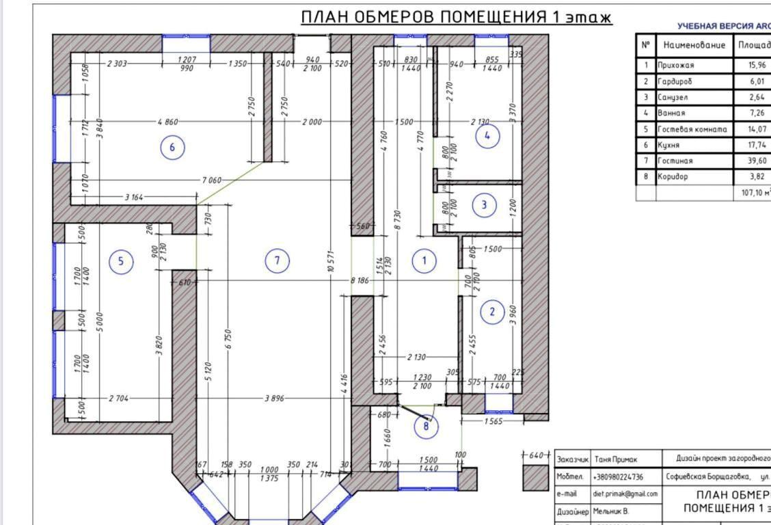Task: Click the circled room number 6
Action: pos(172,148)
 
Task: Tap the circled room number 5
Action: pos(121,261)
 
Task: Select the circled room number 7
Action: pos(277,260)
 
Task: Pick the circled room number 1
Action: pos(424,260)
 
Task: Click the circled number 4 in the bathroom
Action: pos(487,136)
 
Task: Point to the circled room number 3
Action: pos(485,204)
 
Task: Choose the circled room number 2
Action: pos(491,312)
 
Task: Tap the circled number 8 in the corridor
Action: pos(426,427)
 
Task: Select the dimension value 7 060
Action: pos(211,180)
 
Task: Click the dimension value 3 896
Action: pos(275,398)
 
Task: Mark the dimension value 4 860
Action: pos(167,122)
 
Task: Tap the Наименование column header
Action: pos(692,45)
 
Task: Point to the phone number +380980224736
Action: pos(619,476)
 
